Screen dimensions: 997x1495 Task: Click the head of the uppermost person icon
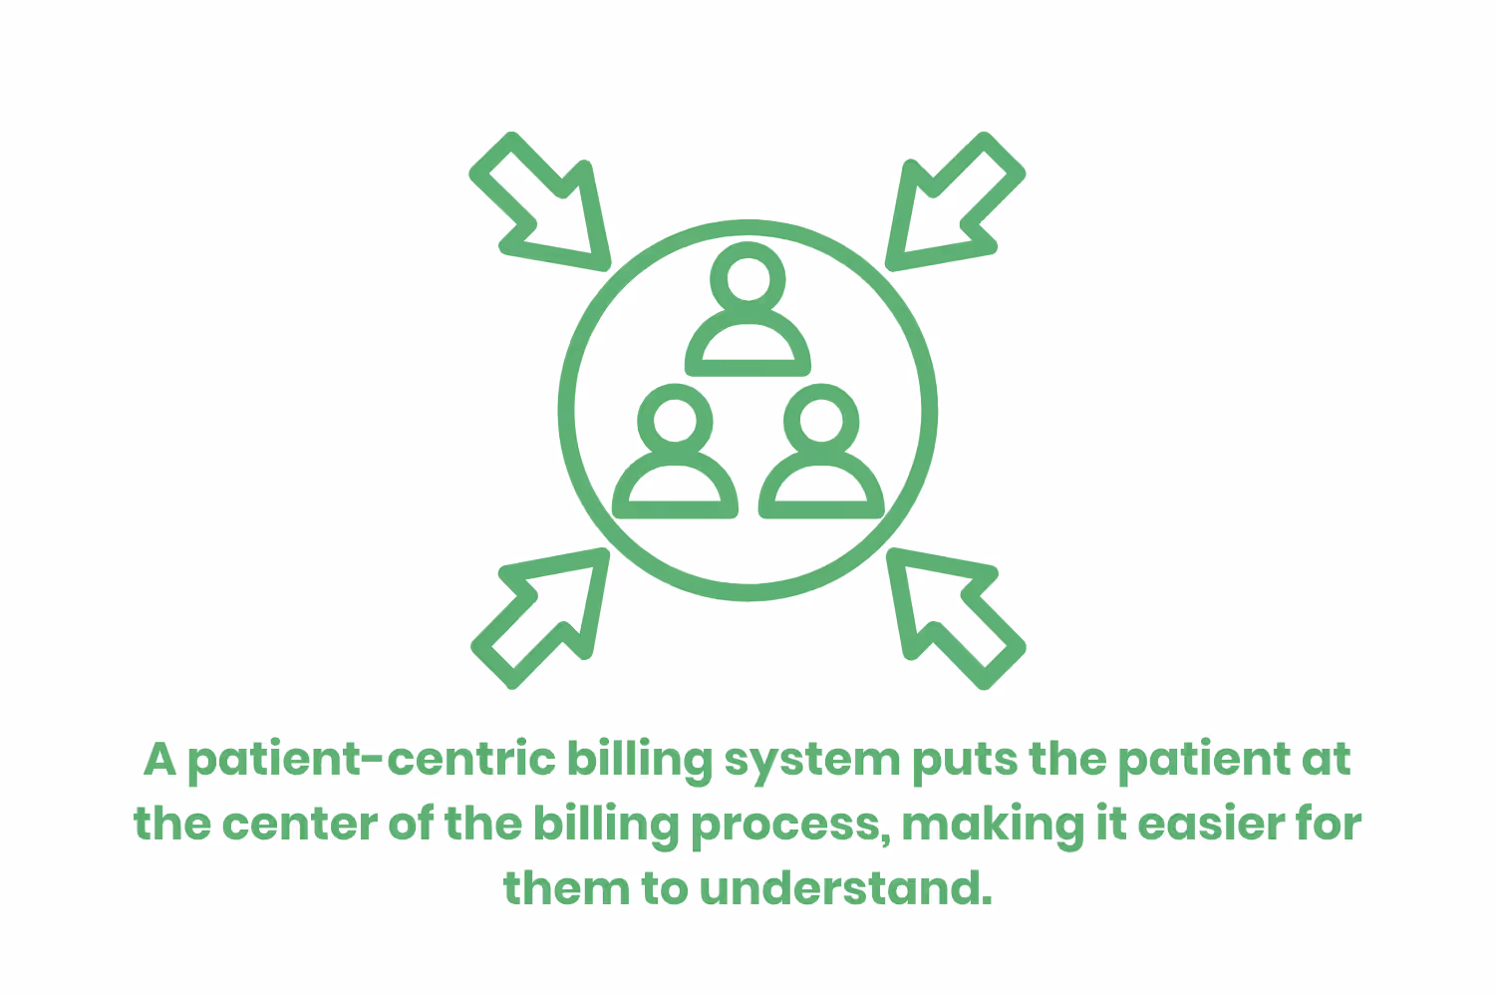(x=748, y=276)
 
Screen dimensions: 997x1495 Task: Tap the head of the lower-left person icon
(x=675, y=419)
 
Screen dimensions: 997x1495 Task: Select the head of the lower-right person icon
(x=821, y=419)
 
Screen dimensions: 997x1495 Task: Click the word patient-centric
(x=372, y=760)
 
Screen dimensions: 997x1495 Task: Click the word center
(x=298, y=825)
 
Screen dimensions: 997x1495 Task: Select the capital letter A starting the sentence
(x=159, y=760)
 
